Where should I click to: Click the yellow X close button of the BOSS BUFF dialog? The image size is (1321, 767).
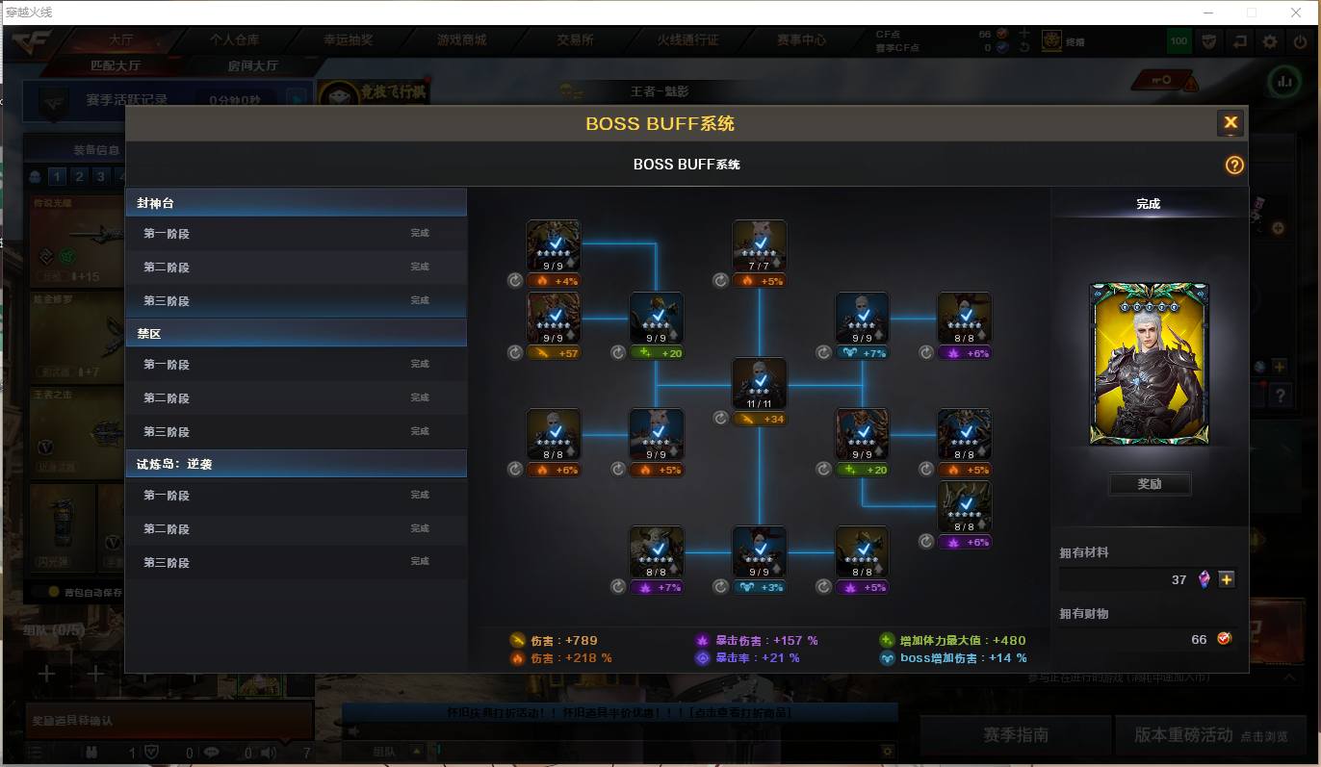coord(1230,123)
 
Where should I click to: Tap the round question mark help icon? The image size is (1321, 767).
coord(1234,165)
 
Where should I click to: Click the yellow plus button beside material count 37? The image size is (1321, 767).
coord(1226,579)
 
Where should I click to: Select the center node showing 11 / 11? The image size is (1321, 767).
coord(760,383)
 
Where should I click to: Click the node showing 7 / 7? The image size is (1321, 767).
coord(760,245)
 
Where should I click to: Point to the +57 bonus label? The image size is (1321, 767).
coord(554,353)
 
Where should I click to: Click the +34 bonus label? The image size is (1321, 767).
coord(760,419)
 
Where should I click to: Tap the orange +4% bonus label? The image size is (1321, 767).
coord(554,281)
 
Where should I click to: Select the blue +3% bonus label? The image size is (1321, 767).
coord(760,587)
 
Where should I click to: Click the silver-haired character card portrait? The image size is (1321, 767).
coord(1149,364)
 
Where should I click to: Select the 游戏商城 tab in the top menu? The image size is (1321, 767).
coord(462,40)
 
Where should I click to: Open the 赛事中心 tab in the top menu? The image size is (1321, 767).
coord(801,40)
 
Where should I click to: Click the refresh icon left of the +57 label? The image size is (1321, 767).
coord(515,353)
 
